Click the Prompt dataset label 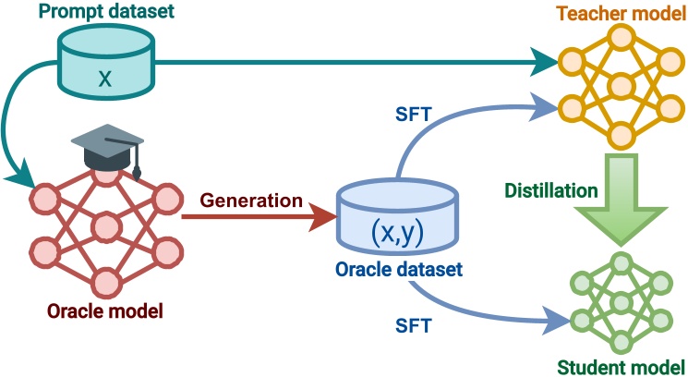[x=106, y=11]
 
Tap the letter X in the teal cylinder [x=105, y=79]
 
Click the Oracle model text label [x=105, y=310]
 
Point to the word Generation [x=251, y=201]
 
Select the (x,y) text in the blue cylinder [x=397, y=233]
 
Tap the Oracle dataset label [x=399, y=269]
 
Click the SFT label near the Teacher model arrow [x=414, y=114]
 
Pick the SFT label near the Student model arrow [x=414, y=325]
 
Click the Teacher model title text [x=621, y=13]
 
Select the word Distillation [x=551, y=190]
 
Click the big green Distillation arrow [x=621, y=200]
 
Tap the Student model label [x=621, y=367]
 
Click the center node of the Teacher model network [x=621, y=86]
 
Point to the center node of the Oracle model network [x=106, y=227]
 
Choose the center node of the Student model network [x=621, y=302]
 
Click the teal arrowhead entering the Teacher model [x=545, y=62]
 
